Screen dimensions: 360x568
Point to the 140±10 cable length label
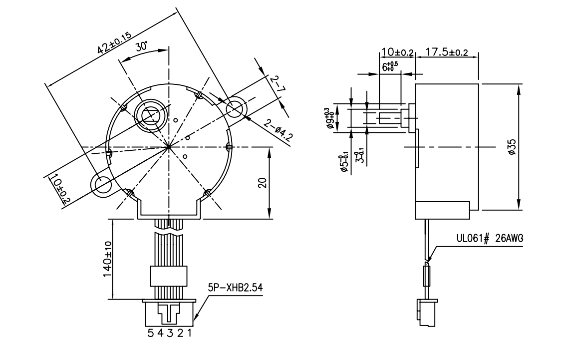[107, 261]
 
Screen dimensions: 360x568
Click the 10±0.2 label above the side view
[397, 52]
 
